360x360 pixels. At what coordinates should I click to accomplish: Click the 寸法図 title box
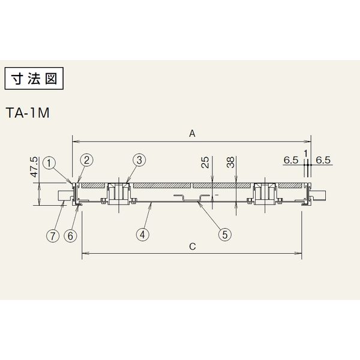pyautogui.click(x=34, y=79)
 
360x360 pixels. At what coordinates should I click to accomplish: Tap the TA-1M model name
pyautogui.click(x=28, y=113)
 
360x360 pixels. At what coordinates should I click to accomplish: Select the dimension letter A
pyautogui.click(x=192, y=133)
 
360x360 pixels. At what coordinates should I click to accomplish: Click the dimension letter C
pyautogui.click(x=193, y=247)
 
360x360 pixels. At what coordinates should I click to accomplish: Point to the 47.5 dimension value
pyautogui.click(x=34, y=167)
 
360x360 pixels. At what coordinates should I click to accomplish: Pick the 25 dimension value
pyautogui.click(x=205, y=162)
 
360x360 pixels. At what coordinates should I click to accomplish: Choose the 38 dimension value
pyautogui.click(x=230, y=162)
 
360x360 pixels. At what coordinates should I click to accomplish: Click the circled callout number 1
pyautogui.click(x=49, y=163)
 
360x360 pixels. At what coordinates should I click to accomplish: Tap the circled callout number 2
pyautogui.click(x=86, y=160)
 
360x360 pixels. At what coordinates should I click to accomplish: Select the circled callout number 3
pyautogui.click(x=139, y=160)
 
